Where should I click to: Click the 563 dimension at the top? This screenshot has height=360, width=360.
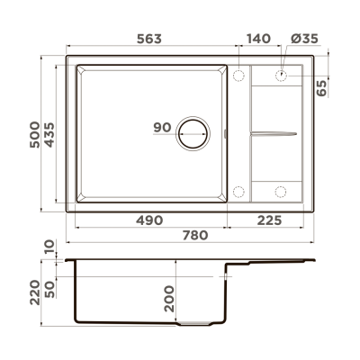pyautogui.click(x=149, y=39)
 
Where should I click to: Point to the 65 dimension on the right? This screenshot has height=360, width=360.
pyautogui.click(x=322, y=87)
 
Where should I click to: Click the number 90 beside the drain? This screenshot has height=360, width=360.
pyautogui.click(x=162, y=127)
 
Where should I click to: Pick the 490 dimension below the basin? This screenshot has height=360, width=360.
pyautogui.click(x=149, y=220)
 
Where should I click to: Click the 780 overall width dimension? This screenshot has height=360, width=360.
pyautogui.click(x=193, y=236)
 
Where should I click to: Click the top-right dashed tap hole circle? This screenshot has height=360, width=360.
pyautogui.click(x=281, y=76)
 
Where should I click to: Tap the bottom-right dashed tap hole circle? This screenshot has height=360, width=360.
pyautogui.click(x=281, y=190)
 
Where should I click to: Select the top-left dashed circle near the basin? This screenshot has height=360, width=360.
pyautogui.click(x=239, y=76)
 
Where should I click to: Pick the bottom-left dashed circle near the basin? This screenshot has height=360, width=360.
pyautogui.click(x=239, y=190)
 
